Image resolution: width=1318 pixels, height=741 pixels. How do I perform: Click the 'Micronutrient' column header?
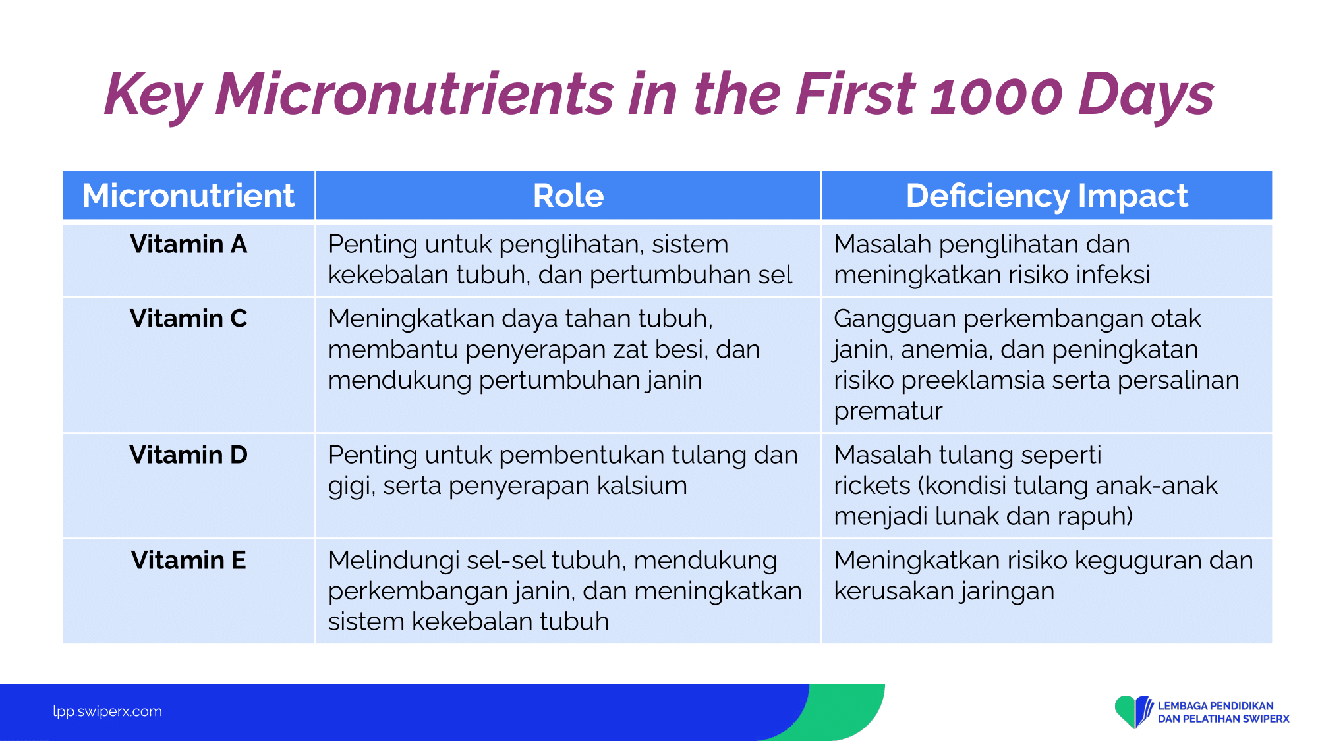click(188, 196)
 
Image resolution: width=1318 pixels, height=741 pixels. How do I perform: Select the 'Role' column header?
click(568, 196)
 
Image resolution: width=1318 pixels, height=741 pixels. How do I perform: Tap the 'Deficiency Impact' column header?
click(1046, 196)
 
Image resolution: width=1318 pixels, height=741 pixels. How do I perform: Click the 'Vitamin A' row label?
click(188, 244)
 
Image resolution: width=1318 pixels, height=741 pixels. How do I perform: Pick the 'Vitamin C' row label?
click(188, 319)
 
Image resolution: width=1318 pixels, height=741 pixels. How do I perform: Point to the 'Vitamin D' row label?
click(188, 455)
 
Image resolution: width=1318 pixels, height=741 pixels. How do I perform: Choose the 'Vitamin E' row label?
click(188, 561)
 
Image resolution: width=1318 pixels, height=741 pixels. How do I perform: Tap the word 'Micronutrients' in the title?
click(415, 94)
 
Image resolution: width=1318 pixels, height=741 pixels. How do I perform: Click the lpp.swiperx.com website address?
click(107, 711)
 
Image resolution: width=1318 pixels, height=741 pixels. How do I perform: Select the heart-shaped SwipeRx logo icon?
click(1133, 711)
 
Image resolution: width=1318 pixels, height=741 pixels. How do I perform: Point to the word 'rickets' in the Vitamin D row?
click(872, 486)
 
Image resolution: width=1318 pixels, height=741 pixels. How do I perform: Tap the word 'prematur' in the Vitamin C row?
click(888, 412)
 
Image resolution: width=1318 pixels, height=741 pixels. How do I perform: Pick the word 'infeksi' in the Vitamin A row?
click(1113, 275)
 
